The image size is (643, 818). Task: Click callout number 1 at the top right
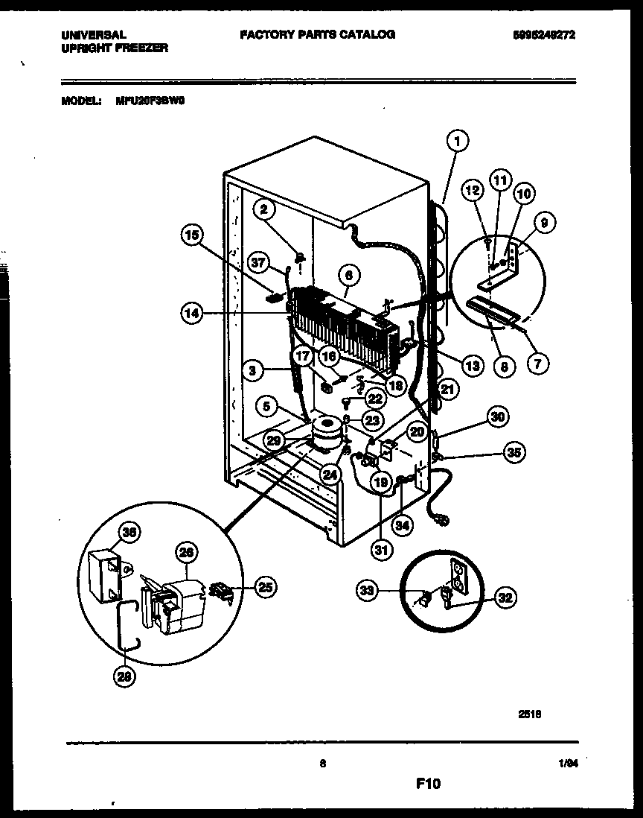[x=458, y=139]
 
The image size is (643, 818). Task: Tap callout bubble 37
[x=257, y=262]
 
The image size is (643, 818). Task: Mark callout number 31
[x=381, y=551]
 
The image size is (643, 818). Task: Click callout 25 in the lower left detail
[x=263, y=588]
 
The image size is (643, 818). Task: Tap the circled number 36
[x=131, y=532]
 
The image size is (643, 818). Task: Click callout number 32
[x=504, y=597]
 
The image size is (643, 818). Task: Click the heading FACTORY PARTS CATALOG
[x=317, y=34]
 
